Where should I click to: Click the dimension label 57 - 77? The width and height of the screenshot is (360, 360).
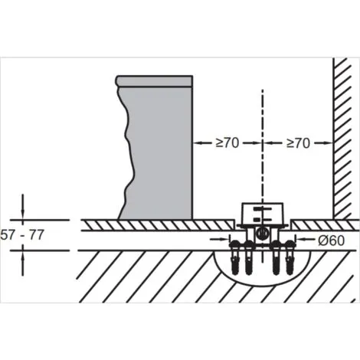(x=22, y=235)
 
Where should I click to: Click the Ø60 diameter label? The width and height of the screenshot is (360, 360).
(x=331, y=241)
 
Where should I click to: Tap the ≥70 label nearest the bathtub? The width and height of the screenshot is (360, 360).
(x=227, y=143)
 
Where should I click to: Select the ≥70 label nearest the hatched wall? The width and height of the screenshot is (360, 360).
(x=298, y=143)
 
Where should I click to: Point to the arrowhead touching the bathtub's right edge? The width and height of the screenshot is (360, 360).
(x=196, y=143)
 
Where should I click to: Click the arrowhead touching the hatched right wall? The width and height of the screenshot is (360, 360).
(x=329, y=143)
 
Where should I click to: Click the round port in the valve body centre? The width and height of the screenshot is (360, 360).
(x=261, y=233)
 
